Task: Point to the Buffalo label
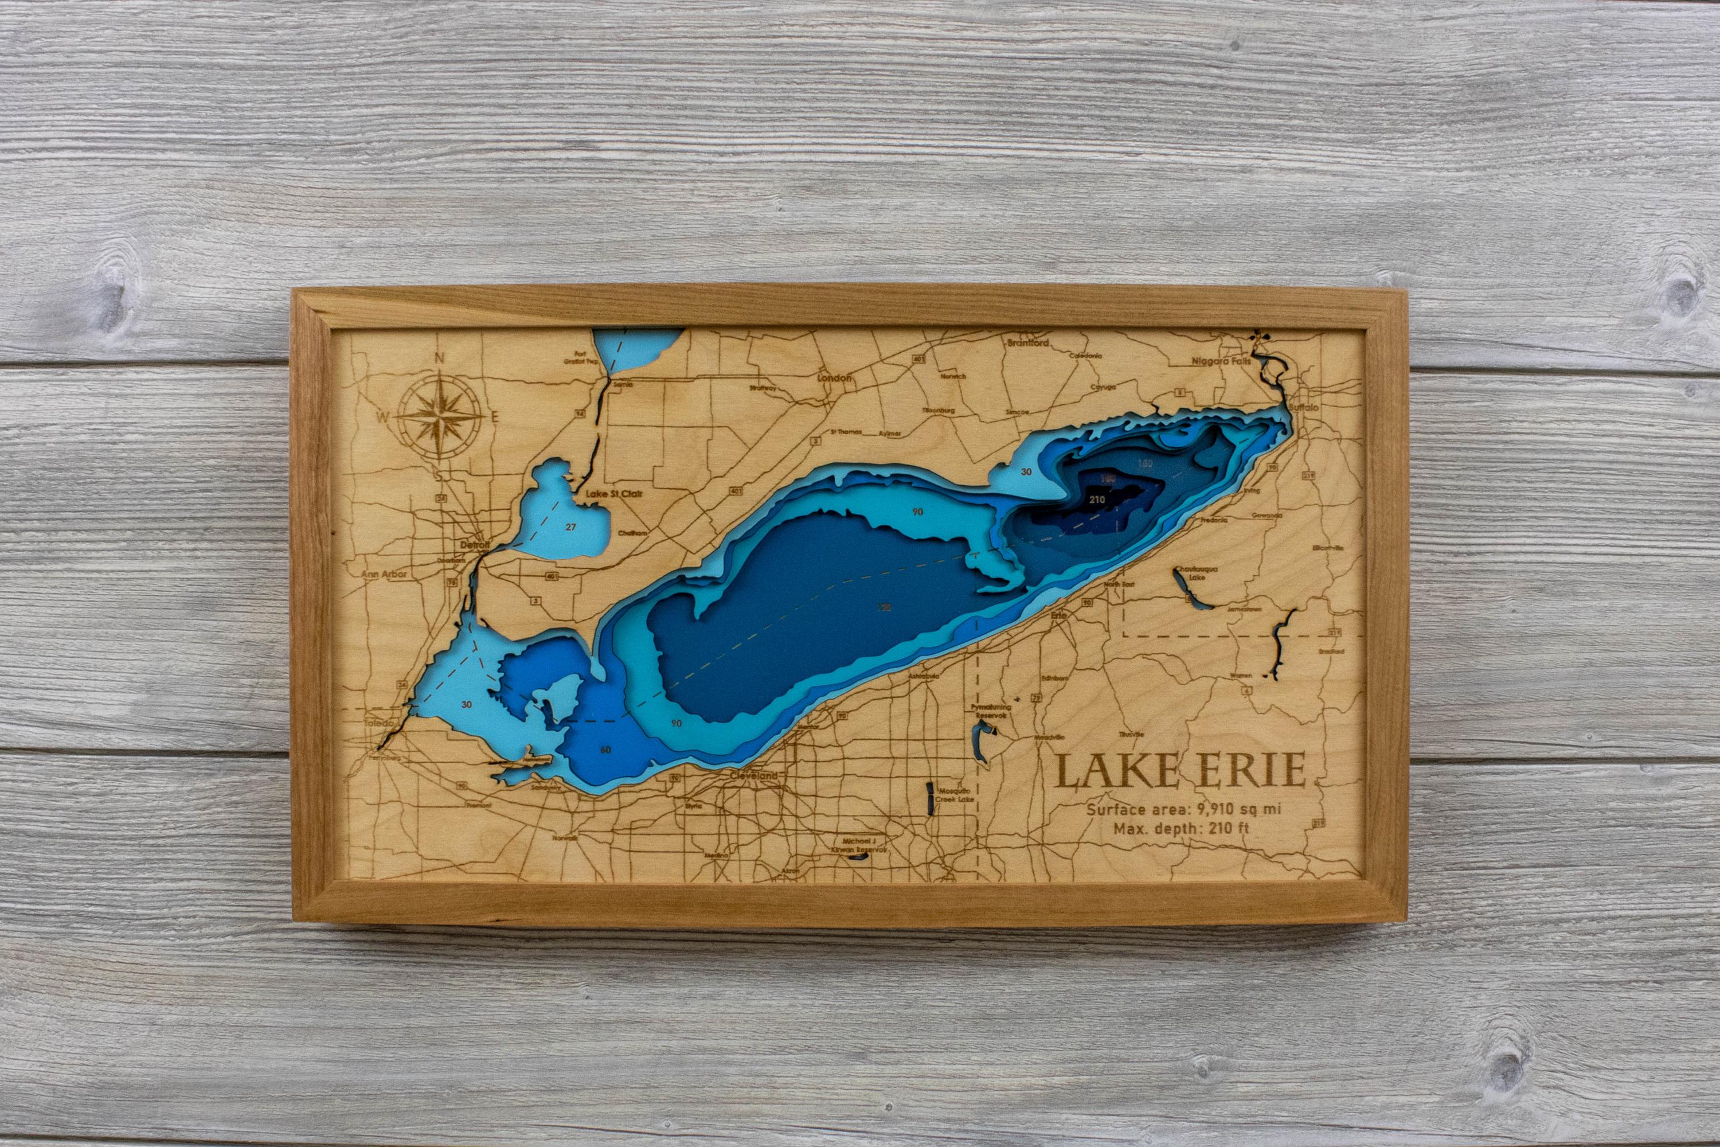click(x=1304, y=407)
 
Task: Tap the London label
click(x=834, y=378)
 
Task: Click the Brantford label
click(x=1027, y=342)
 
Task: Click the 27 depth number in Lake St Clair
click(x=571, y=526)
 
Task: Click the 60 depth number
click(x=605, y=749)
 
